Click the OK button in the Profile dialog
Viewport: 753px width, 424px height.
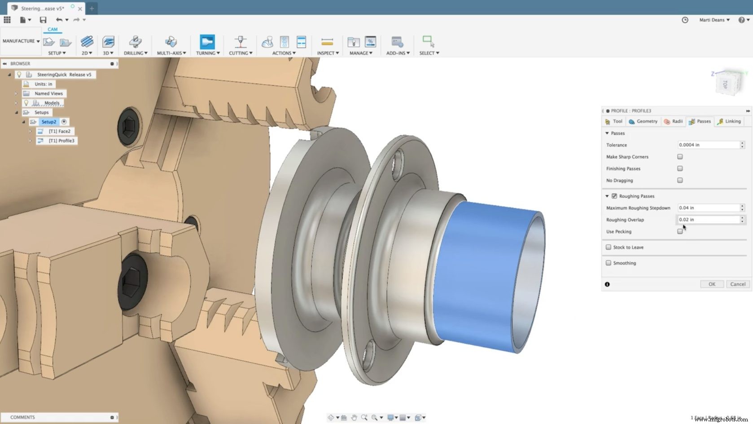(712, 284)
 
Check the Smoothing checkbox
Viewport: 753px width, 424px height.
(609, 263)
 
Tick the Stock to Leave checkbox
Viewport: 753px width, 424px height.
(609, 247)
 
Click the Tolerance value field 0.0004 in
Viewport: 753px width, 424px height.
(708, 145)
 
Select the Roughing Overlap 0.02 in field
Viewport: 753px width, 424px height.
(708, 220)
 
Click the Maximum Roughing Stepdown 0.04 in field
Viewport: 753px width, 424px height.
(708, 208)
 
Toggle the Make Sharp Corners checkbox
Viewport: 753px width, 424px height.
(680, 157)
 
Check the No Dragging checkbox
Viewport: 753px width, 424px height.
(680, 180)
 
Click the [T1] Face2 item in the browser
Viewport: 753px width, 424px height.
(59, 131)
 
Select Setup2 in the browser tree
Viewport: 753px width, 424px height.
(48, 122)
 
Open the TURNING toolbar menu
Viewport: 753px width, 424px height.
(208, 53)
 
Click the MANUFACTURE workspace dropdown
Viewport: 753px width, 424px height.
(21, 41)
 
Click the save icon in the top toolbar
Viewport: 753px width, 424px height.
(43, 20)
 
